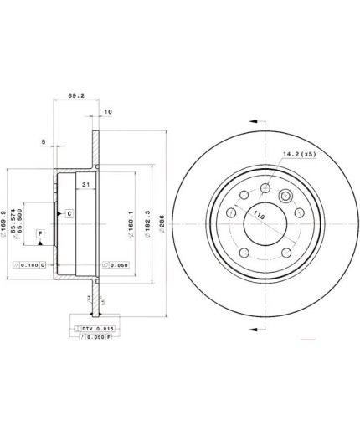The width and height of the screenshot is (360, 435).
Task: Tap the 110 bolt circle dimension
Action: coord(260,216)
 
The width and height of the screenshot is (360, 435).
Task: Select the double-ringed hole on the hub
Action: coord(285,197)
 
